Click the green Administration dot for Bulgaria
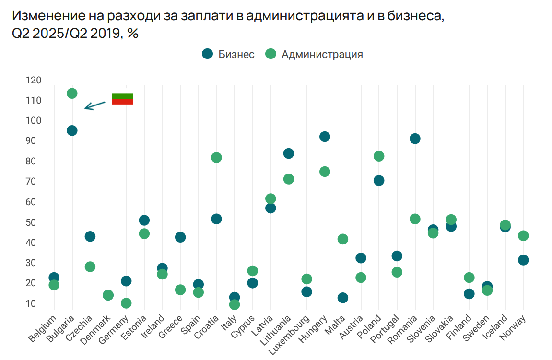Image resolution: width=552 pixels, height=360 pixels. pyautogui.click(x=72, y=93)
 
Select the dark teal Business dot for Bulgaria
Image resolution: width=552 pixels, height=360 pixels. pyautogui.click(x=72, y=130)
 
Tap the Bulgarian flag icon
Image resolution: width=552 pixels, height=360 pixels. pyautogui.click(x=122, y=99)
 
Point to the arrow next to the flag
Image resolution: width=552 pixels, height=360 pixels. pyautogui.click(x=94, y=105)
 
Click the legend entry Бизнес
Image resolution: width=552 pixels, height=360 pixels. pyautogui.click(x=228, y=54)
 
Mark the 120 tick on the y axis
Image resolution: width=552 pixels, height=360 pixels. pyautogui.click(x=34, y=80)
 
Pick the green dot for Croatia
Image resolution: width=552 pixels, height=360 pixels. pyautogui.click(x=216, y=157)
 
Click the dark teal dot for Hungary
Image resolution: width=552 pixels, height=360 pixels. pyautogui.click(x=325, y=137)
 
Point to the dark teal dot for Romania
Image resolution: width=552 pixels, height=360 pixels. pyautogui.click(x=415, y=139)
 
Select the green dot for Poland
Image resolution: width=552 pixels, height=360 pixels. pyautogui.click(x=379, y=156)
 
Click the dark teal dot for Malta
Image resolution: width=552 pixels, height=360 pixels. pyautogui.click(x=342, y=298)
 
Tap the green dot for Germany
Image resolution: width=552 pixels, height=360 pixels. pyautogui.click(x=126, y=303)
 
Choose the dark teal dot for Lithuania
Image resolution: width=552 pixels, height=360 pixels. pyautogui.click(x=289, y=153)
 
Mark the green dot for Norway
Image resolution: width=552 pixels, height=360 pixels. pyautogui.click(x=523, y=235)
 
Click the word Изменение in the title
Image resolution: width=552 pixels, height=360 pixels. pyautogui.click(x=46, y=16)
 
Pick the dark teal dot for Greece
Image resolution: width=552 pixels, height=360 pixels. pyautogui.click(x=180, y=237)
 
